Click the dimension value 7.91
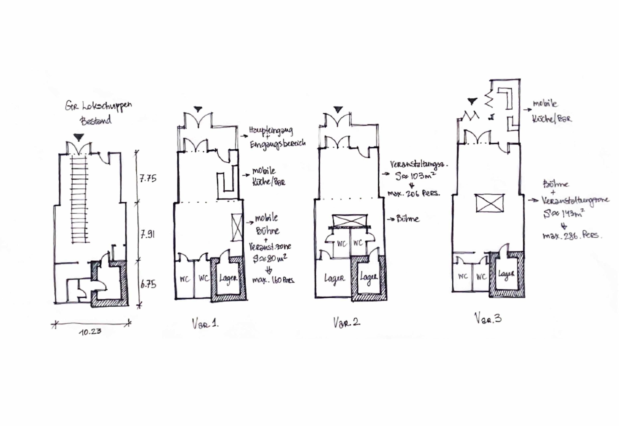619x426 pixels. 147,235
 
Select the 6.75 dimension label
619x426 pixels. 148,285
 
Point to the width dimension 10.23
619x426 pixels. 90,332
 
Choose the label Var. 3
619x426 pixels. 488,318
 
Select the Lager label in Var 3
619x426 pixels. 506,274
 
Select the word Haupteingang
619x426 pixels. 271,131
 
